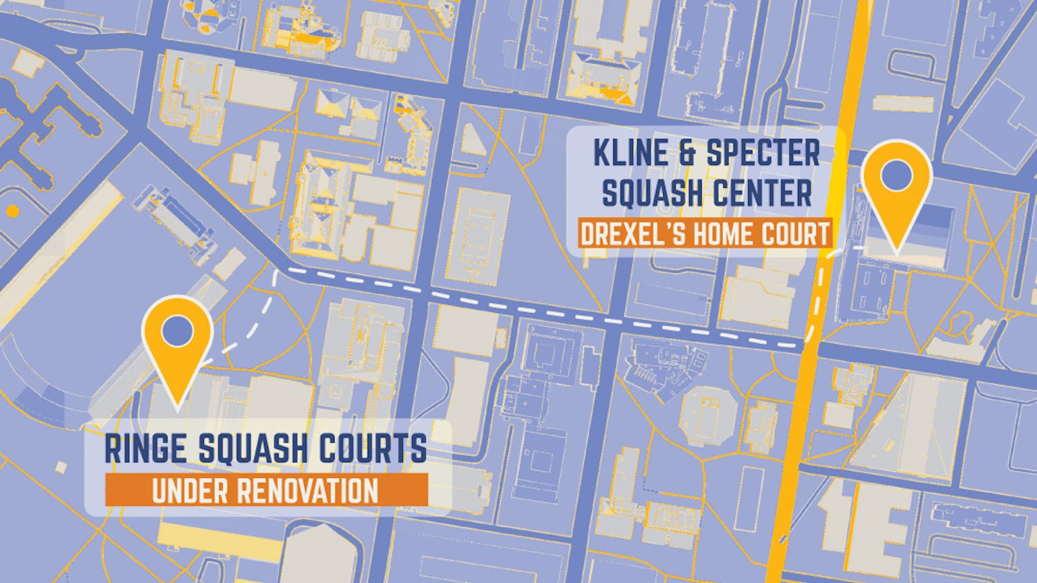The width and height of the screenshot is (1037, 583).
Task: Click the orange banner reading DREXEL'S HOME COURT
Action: [704, 234]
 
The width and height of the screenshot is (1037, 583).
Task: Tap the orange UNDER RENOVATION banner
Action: [265, 490]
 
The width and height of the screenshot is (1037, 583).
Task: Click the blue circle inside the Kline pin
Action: [897, 173]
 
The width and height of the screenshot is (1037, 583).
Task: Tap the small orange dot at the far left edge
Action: [11, 211]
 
